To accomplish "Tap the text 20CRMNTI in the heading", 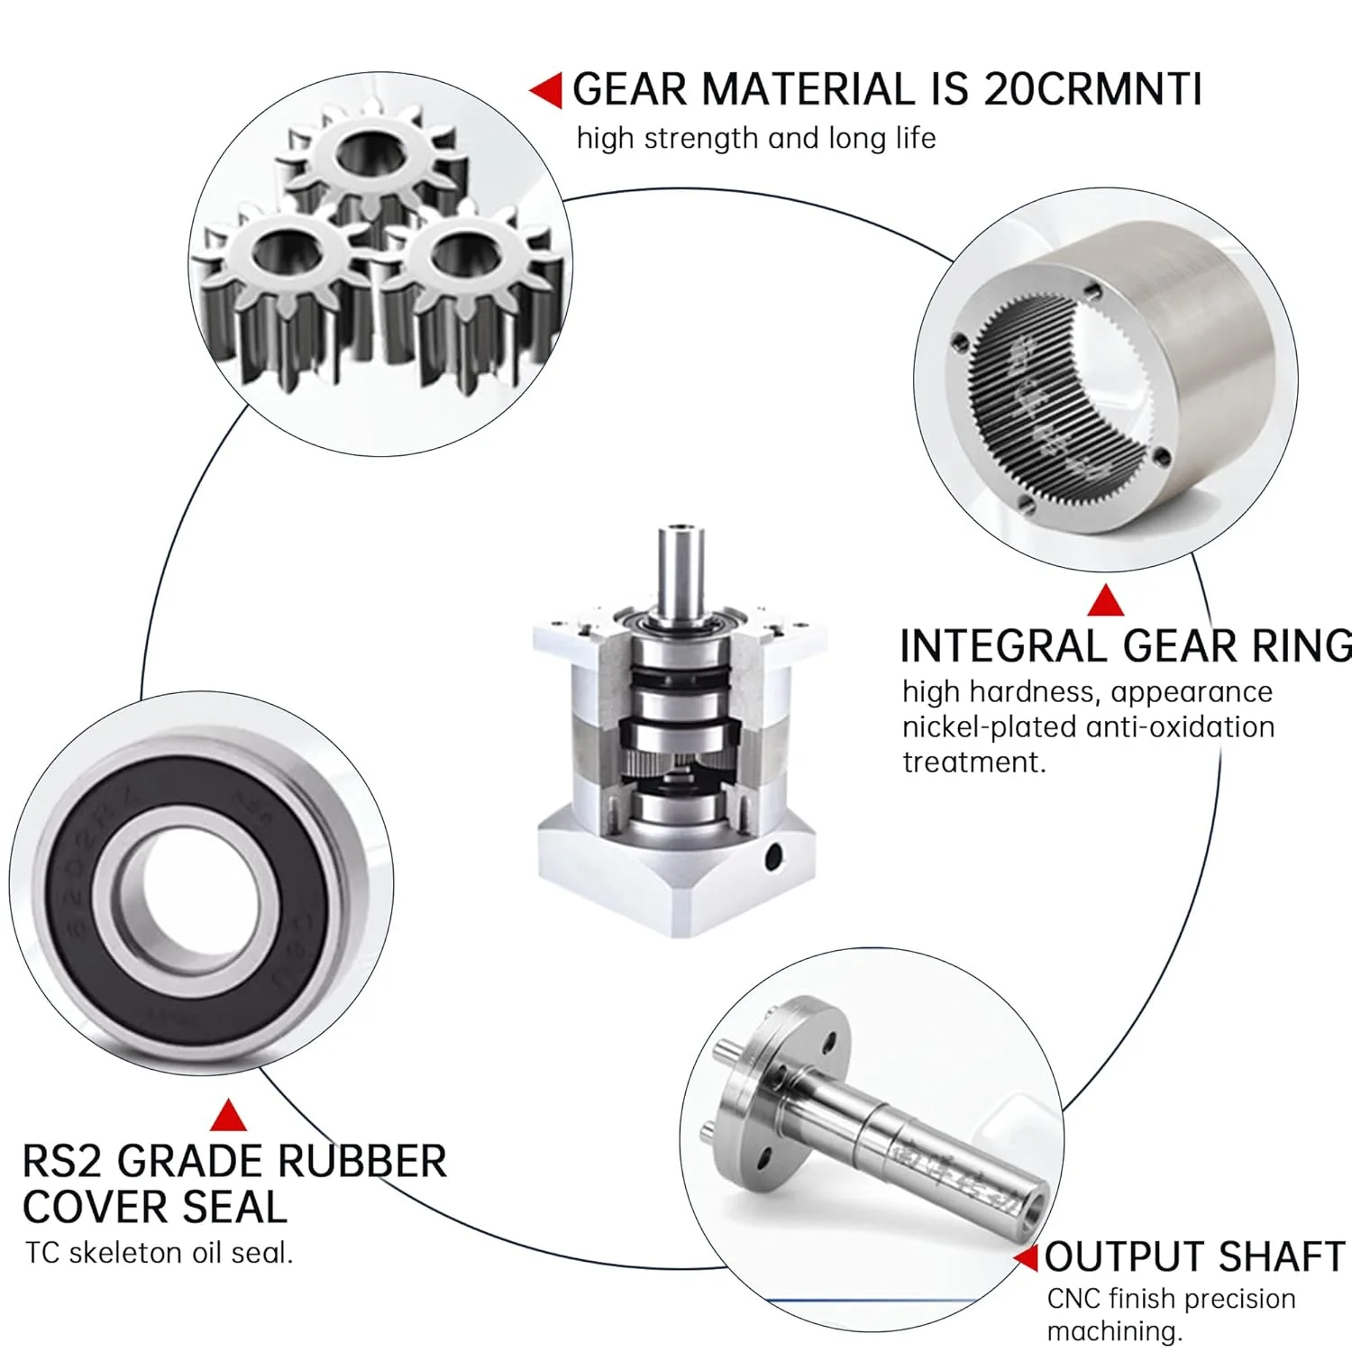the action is coord(1092,90).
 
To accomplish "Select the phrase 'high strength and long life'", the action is coord(756,139).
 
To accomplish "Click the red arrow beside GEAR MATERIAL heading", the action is coord(546,90).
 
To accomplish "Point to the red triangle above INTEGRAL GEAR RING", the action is coord(1106,601).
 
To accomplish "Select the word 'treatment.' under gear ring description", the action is coord(974,763).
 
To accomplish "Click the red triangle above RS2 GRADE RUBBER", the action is coord(228,1115).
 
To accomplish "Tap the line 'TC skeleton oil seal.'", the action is coord(160,1253).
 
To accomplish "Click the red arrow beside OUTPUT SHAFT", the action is coord(1026,1257).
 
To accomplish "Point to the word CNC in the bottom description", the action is coord(1073,1299).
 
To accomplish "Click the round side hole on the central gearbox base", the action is coord(772,858).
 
